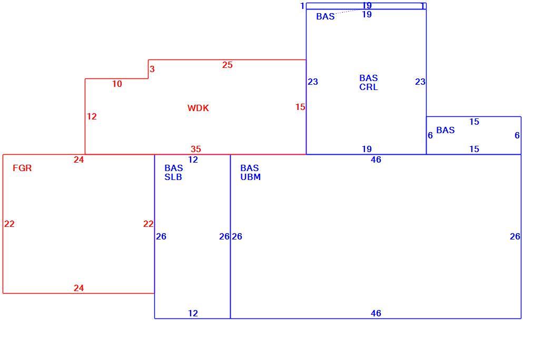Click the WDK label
coord(198,108)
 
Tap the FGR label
coord(22,168)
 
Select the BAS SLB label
coord(173,173)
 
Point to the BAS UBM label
coord(250,173)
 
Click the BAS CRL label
coord(369,82)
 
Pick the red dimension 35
coord(196,149)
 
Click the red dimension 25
coord(228,65)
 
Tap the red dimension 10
coord(117,84)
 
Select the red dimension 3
coord(152,69)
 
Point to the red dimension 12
coord(92,116)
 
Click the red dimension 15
coord(300,107)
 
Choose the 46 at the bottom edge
coord(376,313)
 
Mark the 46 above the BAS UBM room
coord(376,159)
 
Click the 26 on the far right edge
coord(515,237)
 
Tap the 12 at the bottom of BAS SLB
coord(193,313)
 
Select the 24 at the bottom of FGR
coord(78,288)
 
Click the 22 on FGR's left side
coord(9,224)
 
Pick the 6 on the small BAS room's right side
coord(517,135)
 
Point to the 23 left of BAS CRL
coord(313,82)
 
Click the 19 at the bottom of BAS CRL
coord(367,149)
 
